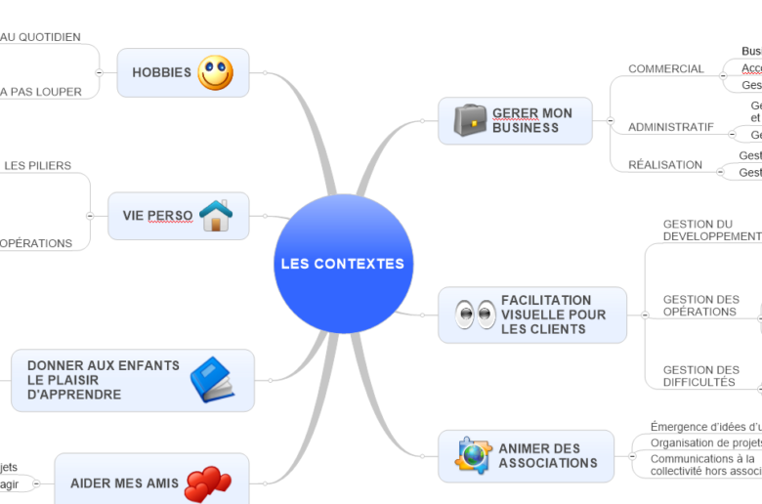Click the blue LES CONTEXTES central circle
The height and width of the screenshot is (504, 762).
pyautogui.click(x=343, y=264)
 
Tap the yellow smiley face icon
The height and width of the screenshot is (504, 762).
pyautogui.click(x=216, y=72)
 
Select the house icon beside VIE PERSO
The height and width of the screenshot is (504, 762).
pyautogui.click(x=216, y=215)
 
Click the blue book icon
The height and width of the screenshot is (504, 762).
pyautogui.click(x=212, y=380)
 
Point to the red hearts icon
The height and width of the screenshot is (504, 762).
pyautogui.click(x=207, y=483)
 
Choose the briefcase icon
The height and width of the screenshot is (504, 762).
pyautogui.click(x=470, y=120)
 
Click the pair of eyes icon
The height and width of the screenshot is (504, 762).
pyautogui.click(x=476, y=315)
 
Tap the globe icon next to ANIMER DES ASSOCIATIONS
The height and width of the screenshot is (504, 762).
pyautogui.click(x=473, y=455)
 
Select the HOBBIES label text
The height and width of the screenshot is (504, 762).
pyautogui.click(x=161, y=72)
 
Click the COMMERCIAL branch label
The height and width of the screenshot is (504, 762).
pyautogui.click(x=665, y=69)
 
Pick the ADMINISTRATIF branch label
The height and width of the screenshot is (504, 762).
pyautogui.click(x=670, y=127)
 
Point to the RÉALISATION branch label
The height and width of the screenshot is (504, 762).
pyautogui.click(x=664, y=165)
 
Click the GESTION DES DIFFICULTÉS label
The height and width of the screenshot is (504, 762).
pyautogui.click(x=700, y=376)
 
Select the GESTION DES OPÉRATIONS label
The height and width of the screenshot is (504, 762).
pyautogui.click(x=700, y=306)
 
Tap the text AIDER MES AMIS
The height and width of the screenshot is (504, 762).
pyautogui.click(x=125, y=483)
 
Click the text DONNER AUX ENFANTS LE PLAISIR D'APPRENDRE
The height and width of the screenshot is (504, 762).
pyautogui.click(x=103, y=380)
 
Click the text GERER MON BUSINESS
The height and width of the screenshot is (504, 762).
pyautogui.click(x=532, y=120)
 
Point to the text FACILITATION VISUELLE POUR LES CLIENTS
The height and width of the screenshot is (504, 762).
pyautogui.click(x=553, y=315)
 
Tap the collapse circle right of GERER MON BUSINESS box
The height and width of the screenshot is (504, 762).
pyautogui.click(x=610, y=121)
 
